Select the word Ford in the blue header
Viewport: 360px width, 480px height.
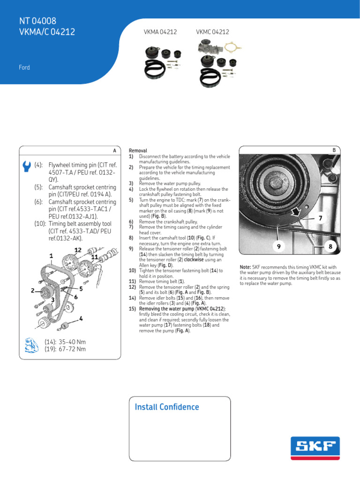(x=24, y=67)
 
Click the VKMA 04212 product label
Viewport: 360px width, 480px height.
(x=160, y=32)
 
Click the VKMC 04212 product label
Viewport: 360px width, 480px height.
(x=212, y=32)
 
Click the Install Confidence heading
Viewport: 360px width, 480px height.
(x=166, y=407)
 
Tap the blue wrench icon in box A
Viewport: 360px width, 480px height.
(x=26, y=166)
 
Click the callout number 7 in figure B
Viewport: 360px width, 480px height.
(x=320, y=218)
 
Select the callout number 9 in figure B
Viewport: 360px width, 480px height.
(x=278, y=246)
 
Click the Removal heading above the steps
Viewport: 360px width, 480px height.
(x=138, y=150)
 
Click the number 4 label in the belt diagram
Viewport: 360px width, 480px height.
(x=81, y=319)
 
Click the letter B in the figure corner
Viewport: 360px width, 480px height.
(x=335, y=150)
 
